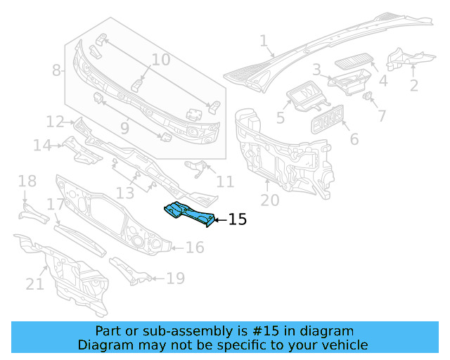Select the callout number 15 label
click(x=238, y=220)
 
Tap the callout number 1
click(x=263, y=43)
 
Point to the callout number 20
click(x=269, y=201)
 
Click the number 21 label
click(x=35, y=283)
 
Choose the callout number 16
click(x=195, y=247)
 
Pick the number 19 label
click(x=175, y=278)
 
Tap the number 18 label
click(x=27, y=182)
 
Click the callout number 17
click(x=56, y=205)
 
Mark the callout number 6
click(x=353, y=139)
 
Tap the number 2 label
click(x=413, y=86)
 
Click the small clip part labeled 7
click(x=368, y=95)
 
